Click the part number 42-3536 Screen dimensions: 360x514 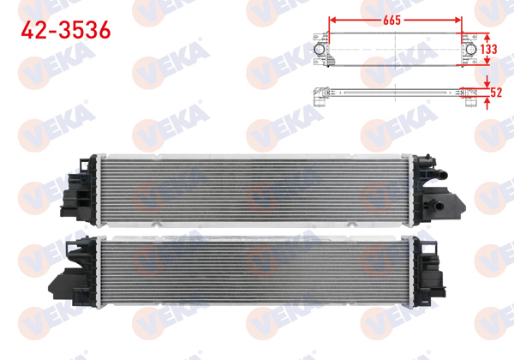coord(64,31)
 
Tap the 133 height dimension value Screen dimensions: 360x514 coord(488,50)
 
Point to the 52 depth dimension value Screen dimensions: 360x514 coord(494,93)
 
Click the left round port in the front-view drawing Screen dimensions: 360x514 coord(320,50)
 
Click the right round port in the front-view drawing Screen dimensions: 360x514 coord(471,50)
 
